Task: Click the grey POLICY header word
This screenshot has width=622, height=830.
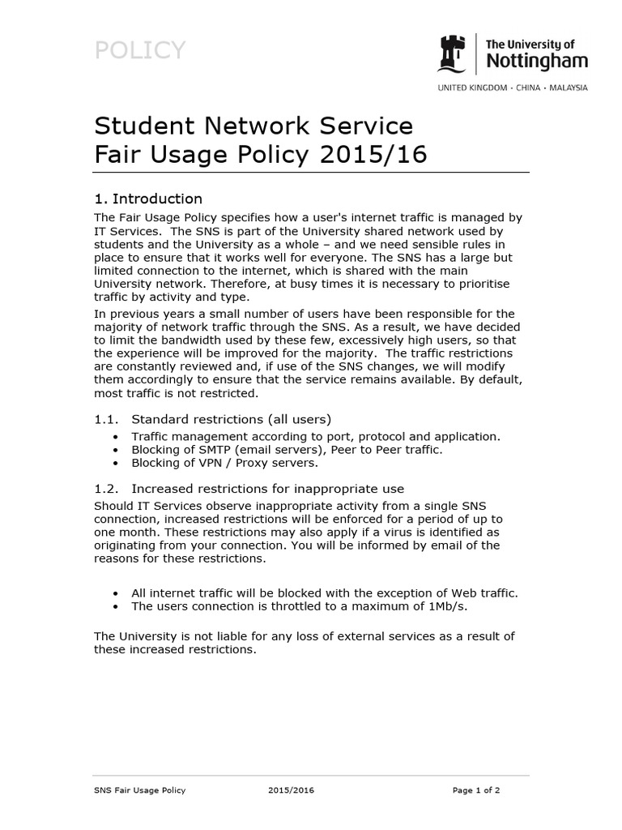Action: point(140,51)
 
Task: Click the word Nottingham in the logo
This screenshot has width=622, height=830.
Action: point(536,61)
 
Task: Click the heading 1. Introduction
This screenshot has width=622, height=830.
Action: point(148,199)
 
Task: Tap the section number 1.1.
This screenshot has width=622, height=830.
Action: point(106,419)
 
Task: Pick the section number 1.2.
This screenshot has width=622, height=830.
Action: point(106,488)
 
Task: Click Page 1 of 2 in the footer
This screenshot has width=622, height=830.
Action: point(475,790)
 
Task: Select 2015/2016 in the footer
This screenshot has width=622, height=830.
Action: point(290,790)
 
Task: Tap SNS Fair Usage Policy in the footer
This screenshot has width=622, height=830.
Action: point(140,790)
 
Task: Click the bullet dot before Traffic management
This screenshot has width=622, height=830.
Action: point(118,436)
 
